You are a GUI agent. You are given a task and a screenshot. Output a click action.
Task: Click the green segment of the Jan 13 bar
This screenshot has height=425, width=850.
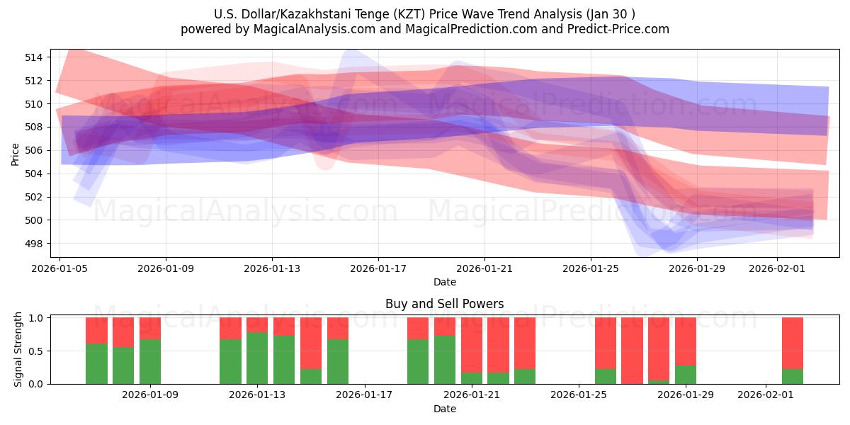257,358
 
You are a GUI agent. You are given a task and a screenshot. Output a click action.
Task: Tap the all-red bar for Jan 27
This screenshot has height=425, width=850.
632,351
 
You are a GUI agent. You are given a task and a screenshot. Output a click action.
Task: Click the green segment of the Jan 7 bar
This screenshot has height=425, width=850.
123,365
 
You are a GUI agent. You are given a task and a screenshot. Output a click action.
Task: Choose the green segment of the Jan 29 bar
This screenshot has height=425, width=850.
686,375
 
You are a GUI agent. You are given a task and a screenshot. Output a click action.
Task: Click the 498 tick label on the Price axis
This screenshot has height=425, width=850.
34,244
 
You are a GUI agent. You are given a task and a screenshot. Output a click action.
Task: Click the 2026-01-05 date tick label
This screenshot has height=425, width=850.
59,269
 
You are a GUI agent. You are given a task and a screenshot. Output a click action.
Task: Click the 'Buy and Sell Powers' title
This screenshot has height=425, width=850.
444,304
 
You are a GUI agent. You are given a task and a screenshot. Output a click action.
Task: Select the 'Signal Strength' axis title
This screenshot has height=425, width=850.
18,349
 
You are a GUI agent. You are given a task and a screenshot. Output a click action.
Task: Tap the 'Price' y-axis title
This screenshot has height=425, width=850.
16,154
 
